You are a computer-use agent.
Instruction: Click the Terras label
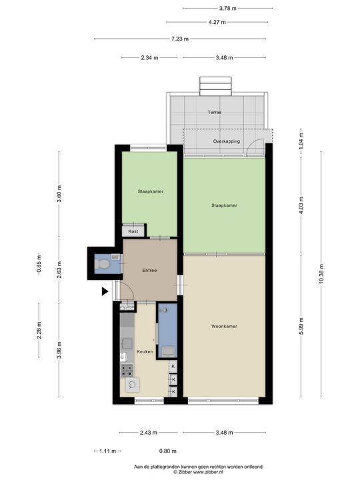(214, 112)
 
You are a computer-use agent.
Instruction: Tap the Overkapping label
(225, 142)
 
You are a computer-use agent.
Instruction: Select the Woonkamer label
(224, 326)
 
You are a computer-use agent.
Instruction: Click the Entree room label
(149, 270)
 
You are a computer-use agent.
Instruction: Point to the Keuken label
(145, 351)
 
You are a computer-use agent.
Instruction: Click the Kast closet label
(133, 231)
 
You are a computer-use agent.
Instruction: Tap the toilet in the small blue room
(102, 265)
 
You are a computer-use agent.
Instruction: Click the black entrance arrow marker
(105, 291)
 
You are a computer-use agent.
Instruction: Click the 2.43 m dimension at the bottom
(149, 433)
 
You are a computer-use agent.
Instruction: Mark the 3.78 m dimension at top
(227, 8)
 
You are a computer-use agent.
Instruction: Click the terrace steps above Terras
(215, 86)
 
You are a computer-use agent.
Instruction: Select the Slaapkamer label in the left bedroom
(151, 191)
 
